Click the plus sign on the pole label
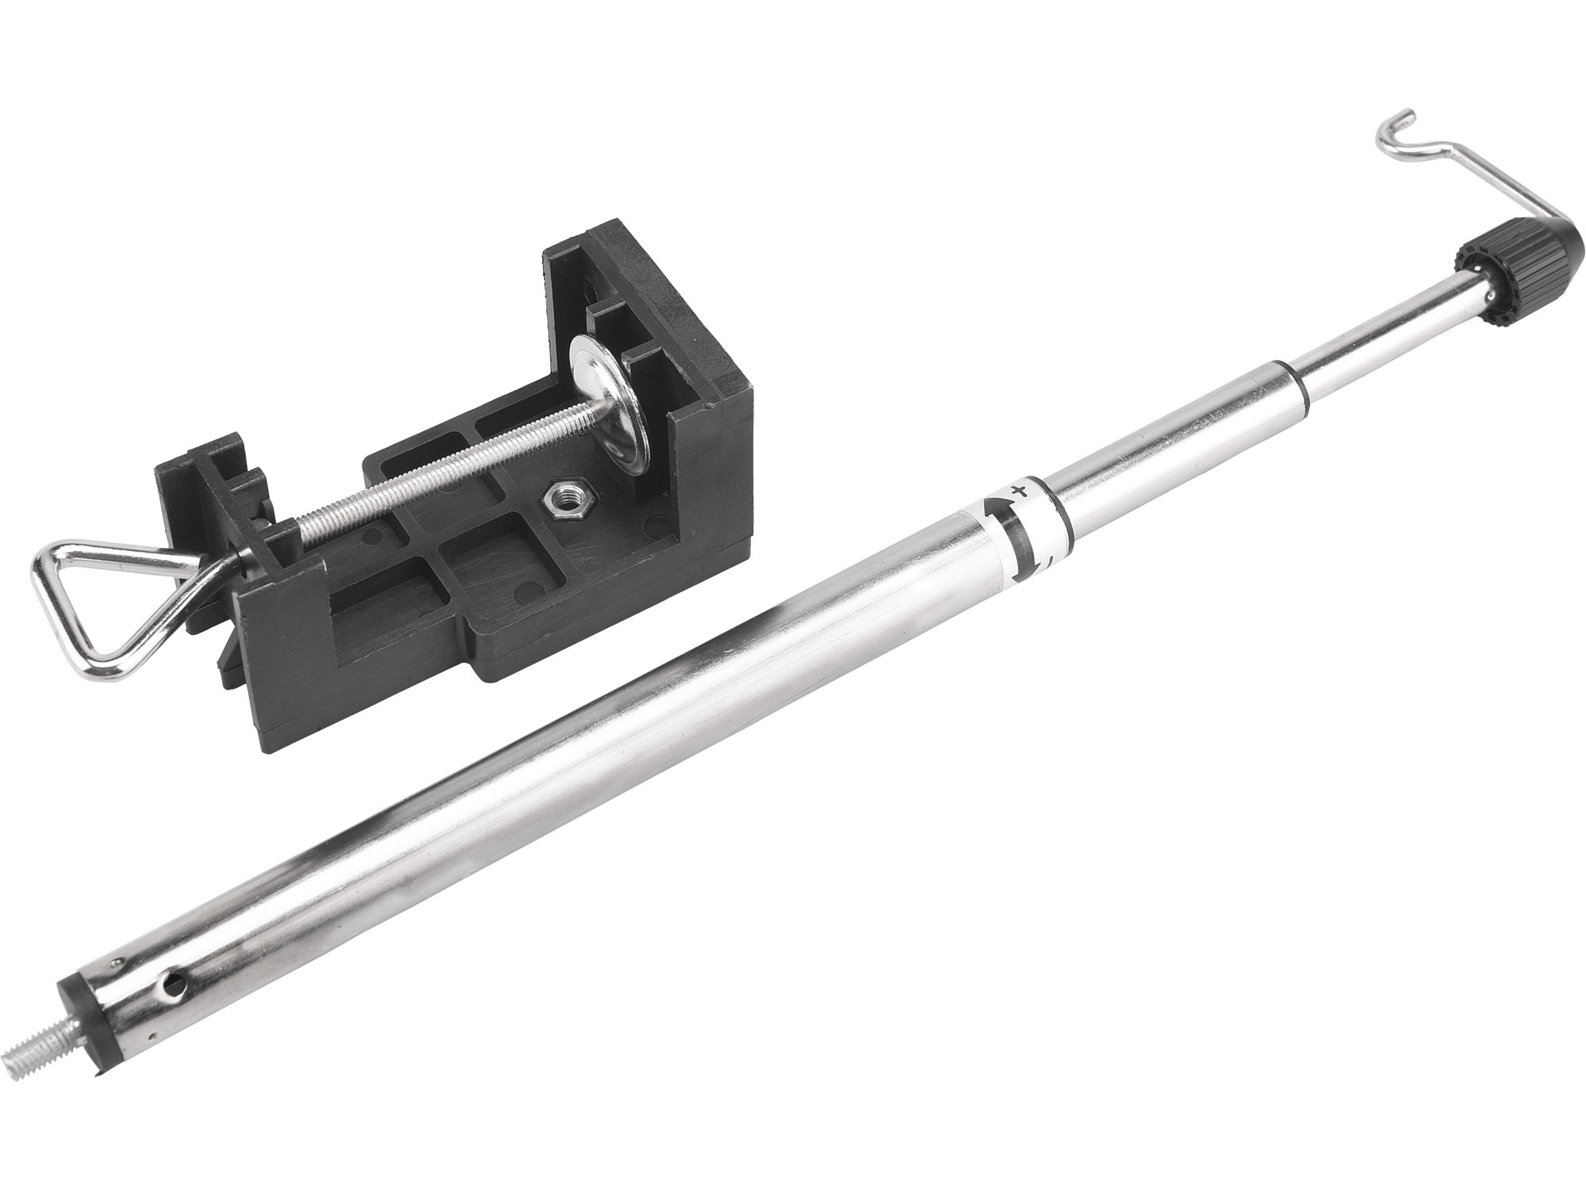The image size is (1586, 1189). tap(1023, 489)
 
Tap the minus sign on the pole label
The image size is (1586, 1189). tap(1049, 559)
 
